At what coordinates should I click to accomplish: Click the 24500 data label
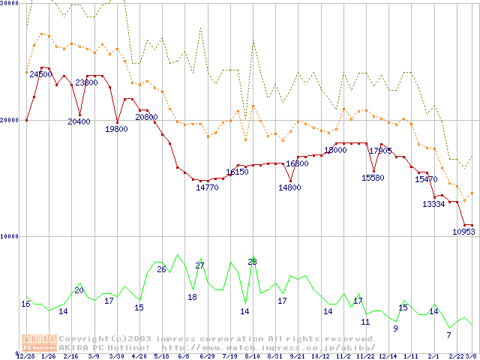pyautogui.click(x=40, y=74)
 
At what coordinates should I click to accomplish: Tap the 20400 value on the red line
pyautogui.click(x=79, y=121)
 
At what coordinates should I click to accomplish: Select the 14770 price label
pyautogui.click(x=207, y=187)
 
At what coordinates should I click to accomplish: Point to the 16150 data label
pyautogui.click(x=237, y=172)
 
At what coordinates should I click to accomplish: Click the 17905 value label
pyautogui.click(x=380, y=151)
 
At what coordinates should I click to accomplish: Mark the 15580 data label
pyautogui.click(x=373, y=178)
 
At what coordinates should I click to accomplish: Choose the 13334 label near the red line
pyautogui.click(x=433, y=204)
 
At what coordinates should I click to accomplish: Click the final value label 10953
pyautogui.click(x=463, y=232)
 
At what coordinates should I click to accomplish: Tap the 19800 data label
pyautogui.click(x=116, y=129)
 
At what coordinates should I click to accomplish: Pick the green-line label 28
pyautogui.click(x=252, y=262)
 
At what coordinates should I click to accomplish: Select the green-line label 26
pyautogui.click(x=161, y=269)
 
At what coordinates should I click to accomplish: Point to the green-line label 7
pyautogui.click(x=448, y=335)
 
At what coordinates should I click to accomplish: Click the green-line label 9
pyautogui.click(x=395, y=328)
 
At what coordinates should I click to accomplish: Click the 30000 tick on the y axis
pyautogui.click(x=9, y=4)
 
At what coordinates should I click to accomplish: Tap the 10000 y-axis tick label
pyautogui.click(x=9, y=236)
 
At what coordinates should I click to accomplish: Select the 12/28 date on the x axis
pyautogui.click(x=26, y=355)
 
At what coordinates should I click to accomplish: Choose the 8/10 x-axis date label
pyautogui.click(x=252, y=355)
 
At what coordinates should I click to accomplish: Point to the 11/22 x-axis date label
pyautogui.click(x=365, y=355)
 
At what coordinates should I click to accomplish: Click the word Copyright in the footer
pyautogui.click(x=82, y=338)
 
